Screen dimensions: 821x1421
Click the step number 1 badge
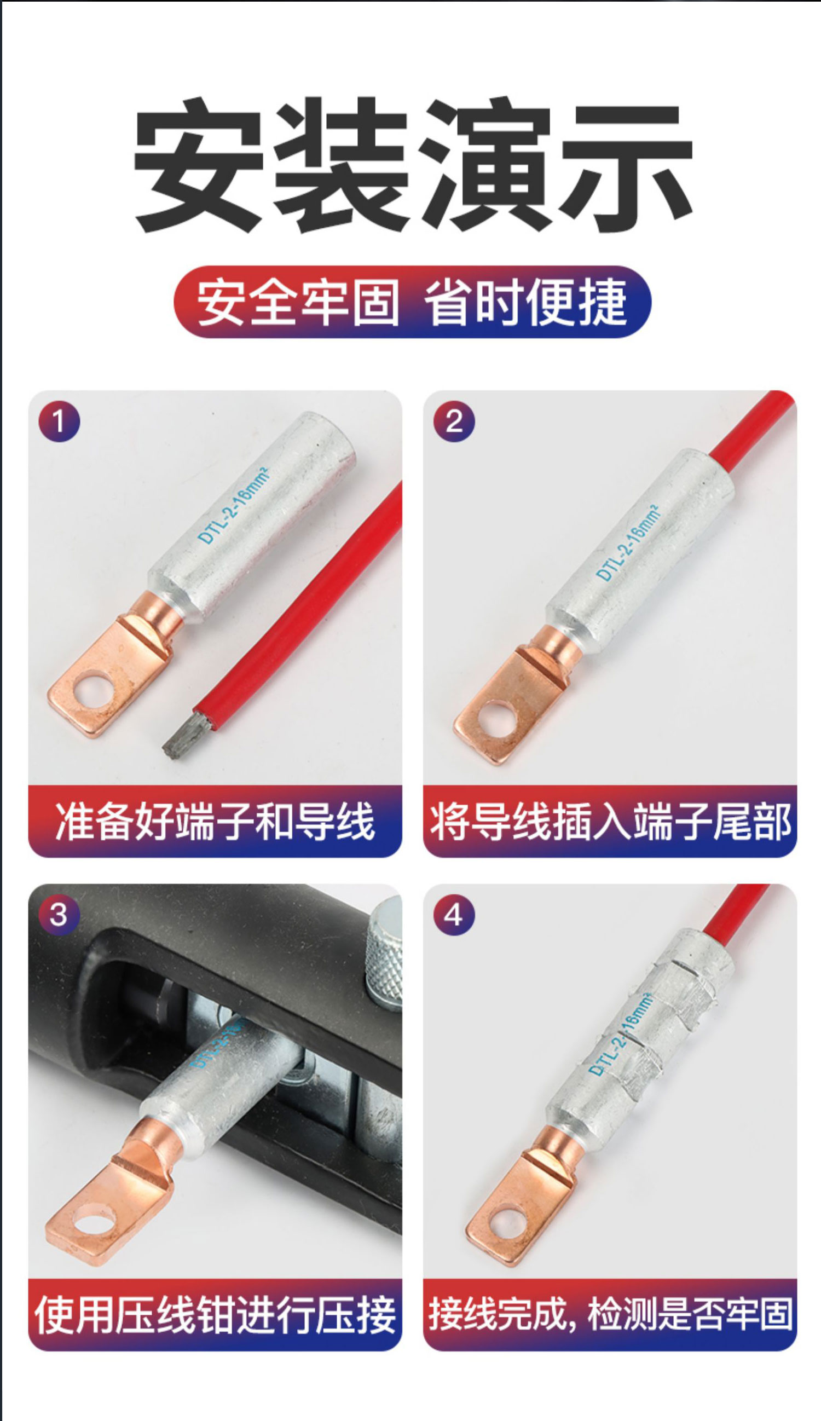click(59, 421)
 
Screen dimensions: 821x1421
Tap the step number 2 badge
click(454, 421)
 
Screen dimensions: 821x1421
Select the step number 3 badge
click(59, 915)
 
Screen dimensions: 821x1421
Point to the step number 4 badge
click(454, 915)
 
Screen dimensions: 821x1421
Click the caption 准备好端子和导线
click(215, 821)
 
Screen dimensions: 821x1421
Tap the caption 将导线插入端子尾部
click(610, 822)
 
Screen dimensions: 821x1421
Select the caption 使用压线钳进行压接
click(215, 1315)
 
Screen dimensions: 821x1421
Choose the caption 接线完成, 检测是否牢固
click(610, 1314)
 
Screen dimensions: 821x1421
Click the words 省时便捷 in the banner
click(525, 301)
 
